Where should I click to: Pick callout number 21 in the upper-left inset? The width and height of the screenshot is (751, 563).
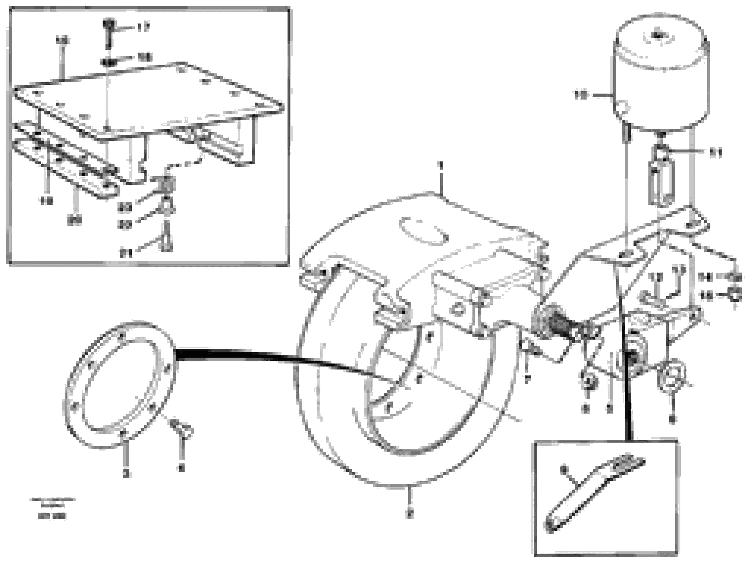coord(126,253)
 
